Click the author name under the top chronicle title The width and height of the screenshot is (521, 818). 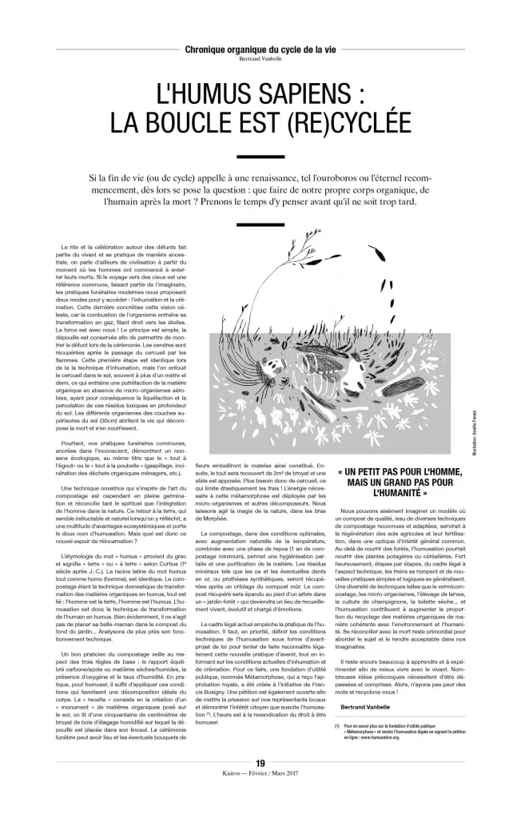click(260, 59)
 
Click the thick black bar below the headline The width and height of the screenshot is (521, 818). click(260, 157)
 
